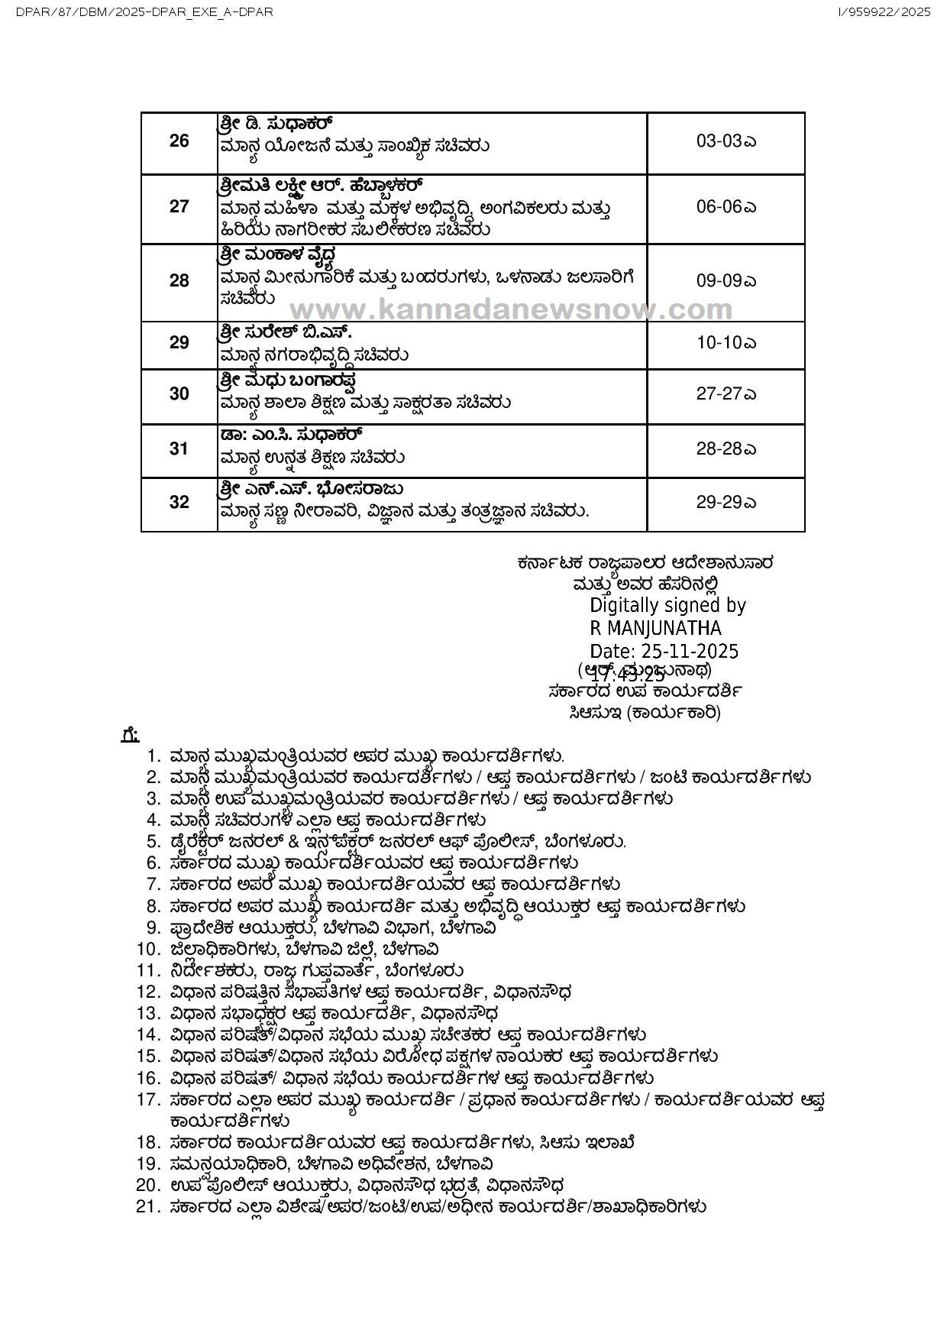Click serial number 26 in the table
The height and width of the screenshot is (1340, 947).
179,141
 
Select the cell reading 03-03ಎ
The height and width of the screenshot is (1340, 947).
726,141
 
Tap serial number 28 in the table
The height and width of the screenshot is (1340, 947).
179,280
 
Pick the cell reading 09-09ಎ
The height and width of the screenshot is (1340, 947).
726,280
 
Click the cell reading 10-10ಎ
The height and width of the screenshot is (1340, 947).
726,343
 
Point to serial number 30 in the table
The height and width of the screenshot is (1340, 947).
179,393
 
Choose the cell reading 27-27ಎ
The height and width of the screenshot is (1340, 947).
726,393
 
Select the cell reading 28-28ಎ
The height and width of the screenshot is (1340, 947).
726,448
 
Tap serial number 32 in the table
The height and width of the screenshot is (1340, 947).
179,503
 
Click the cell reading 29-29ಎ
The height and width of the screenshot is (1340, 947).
726,503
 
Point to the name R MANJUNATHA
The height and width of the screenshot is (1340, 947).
655,628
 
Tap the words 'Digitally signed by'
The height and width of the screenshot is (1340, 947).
667,605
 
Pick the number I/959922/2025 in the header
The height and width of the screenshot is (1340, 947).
884,12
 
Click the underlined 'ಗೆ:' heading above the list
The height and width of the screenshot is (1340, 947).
130,734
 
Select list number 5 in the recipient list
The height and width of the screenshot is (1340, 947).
154,842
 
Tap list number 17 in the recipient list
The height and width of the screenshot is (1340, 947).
147,1101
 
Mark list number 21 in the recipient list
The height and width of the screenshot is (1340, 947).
147,1207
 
